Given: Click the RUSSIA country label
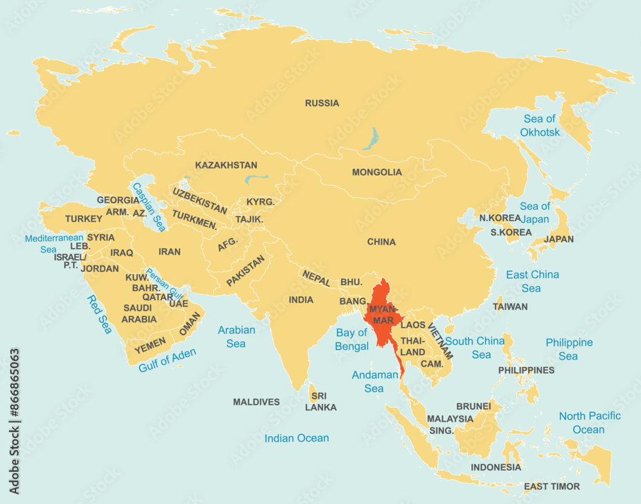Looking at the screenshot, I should [x=322, y=103].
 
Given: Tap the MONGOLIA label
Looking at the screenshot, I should [x=377, y=172].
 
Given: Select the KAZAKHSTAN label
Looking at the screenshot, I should [x=226, y=165].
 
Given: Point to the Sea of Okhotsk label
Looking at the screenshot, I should [x=540, y=126].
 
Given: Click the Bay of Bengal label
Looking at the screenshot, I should [x=352, y=339].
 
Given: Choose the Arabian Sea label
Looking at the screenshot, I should [x=236, y=337].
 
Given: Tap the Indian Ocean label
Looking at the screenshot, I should [x=297, y=439].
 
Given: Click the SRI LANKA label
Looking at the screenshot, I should [x=320, y=401].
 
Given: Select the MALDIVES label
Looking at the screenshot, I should [x=256, y=402].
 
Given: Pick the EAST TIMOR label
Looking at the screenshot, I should [x=551, y=487].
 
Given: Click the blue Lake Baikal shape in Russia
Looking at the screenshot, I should [x=370, y=139].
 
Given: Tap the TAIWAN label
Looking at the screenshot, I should [x=510, y=307].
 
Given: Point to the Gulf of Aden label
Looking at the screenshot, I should [x=167, y=360].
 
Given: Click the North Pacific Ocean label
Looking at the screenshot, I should [x=589, y=423].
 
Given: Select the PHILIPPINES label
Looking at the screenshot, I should [x=526, y=370].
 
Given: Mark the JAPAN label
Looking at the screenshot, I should [x=558, y=239].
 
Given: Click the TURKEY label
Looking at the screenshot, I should [x=83, y=219].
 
